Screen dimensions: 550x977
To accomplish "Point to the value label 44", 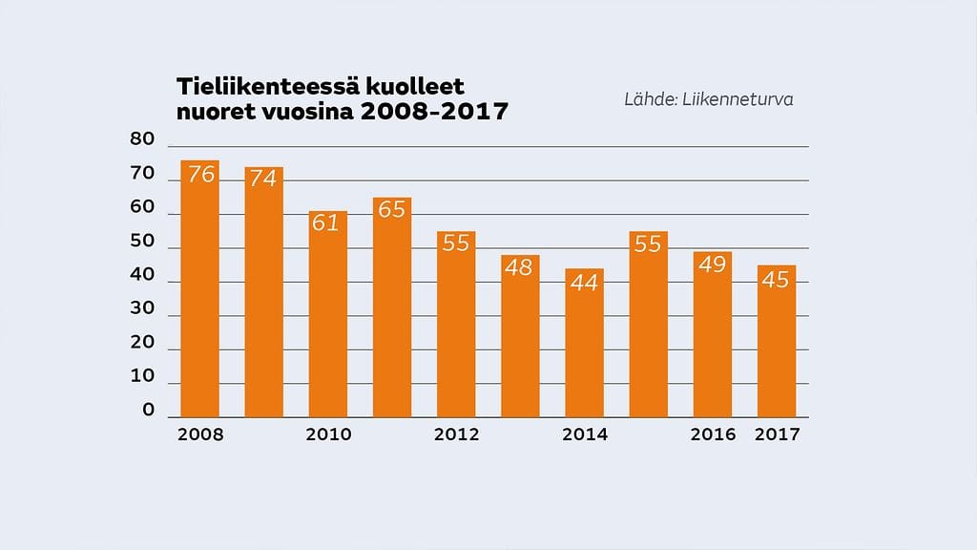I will coord(584,282).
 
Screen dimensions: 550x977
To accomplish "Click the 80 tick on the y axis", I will coord(142,139).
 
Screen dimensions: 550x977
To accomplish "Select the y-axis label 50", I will coord(142,241).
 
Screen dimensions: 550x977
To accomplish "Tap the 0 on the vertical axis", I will coord(148,411).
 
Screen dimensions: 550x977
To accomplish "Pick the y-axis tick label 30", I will coord(142,308).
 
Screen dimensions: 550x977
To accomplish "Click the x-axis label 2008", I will coord(200,434).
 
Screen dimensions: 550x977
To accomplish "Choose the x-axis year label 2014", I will coord(585,434).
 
